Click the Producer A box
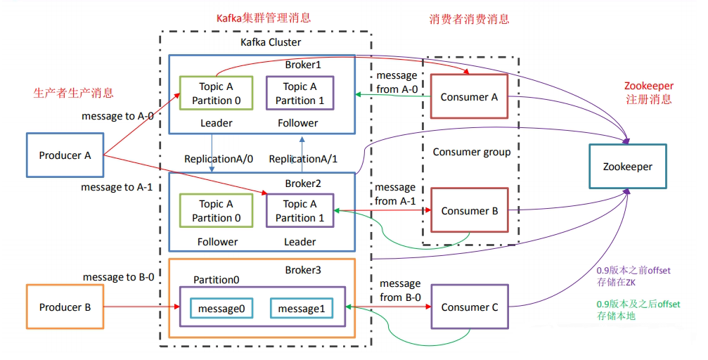coord(65,155)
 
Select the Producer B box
coord(65,307)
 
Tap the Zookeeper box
coord(627,167)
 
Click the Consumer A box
coord(469,97)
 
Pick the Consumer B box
coord(469,210)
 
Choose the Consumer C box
coord(469,307)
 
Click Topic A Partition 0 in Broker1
coord(216,93)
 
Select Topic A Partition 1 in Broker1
coord(300,93)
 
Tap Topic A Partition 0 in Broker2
coord(216,210)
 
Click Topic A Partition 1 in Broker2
coord(300,210)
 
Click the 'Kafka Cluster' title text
coord(270,43)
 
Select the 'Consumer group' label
coord(471,152)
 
